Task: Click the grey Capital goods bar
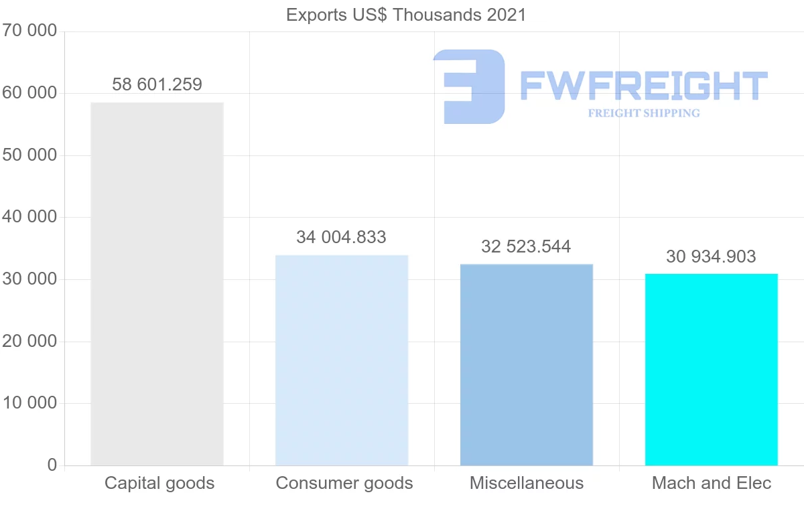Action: [157, 283]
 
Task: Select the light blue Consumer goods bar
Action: [342, 360]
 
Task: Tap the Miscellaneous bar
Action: [527, 364]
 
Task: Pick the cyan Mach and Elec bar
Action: [711, 369]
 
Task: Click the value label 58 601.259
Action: [157, 84]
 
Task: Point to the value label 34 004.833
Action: [342, 237]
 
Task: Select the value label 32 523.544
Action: [526, 246]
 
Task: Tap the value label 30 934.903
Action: [711, 257]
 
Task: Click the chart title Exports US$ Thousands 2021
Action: [406, 14]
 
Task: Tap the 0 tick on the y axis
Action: [52, 465]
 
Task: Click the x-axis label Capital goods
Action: [159, 483]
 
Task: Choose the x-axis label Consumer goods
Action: [344, 483]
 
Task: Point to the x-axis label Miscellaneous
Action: [527, 483]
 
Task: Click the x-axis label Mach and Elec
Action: [712, 483]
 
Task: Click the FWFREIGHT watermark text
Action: [644, 86]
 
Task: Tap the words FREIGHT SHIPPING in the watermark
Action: [644, 113]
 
